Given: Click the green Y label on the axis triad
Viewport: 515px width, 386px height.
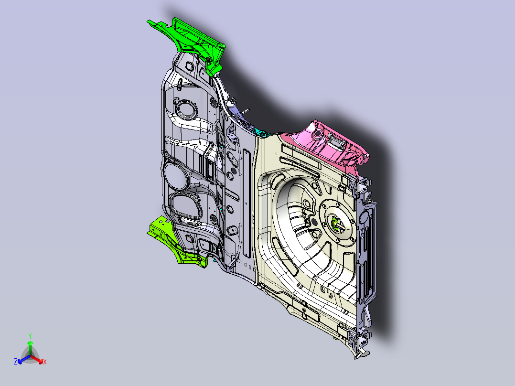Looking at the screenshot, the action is pyautogui.click(x=30, y=336).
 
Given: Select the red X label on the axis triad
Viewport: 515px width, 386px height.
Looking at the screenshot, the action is pyautogui.click(x=45, y=362).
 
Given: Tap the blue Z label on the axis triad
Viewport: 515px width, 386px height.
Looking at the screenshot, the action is pyautogui.click(x=16, y=362).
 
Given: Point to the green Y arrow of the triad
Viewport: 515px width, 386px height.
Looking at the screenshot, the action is pyautogui.click(x=30, y=348).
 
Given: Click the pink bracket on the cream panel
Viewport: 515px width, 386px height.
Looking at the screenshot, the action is pyautogui.click(x=329, y=143).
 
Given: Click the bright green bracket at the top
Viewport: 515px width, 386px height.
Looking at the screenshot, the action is pyautogui.click(x=191, y=41).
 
